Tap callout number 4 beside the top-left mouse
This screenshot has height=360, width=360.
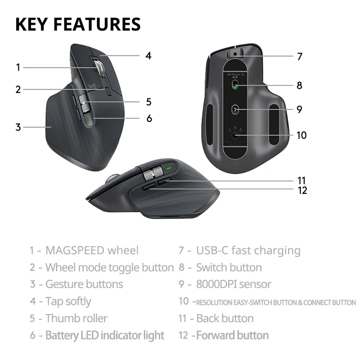pos(148,56)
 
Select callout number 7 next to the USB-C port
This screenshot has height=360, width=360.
pos(299,57)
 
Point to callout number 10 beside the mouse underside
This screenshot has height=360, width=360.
pos(301,135)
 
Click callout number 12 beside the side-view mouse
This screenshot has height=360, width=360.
pos(302,190)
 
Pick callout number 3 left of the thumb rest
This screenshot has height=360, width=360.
pos(18,127)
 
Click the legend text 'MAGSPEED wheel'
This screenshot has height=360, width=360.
pos(92,250)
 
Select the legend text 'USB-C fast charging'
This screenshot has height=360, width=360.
pos(248,250)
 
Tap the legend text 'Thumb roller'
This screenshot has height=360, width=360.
pos(76,318)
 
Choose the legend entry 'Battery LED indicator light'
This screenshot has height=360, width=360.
pos(104,335)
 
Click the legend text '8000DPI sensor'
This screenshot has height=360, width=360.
pos(234,284)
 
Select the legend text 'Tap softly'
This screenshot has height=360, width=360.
pos(68,301)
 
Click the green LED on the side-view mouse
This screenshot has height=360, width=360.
pos(169,170)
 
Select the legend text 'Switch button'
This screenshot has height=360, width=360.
pos(229,267)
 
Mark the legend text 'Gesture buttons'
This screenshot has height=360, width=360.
pos(84,284)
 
